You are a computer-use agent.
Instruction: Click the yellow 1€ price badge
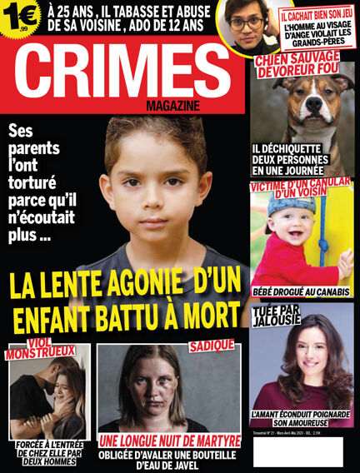(x=20, y=16)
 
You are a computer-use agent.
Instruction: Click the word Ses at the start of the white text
(x=24, y=132)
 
